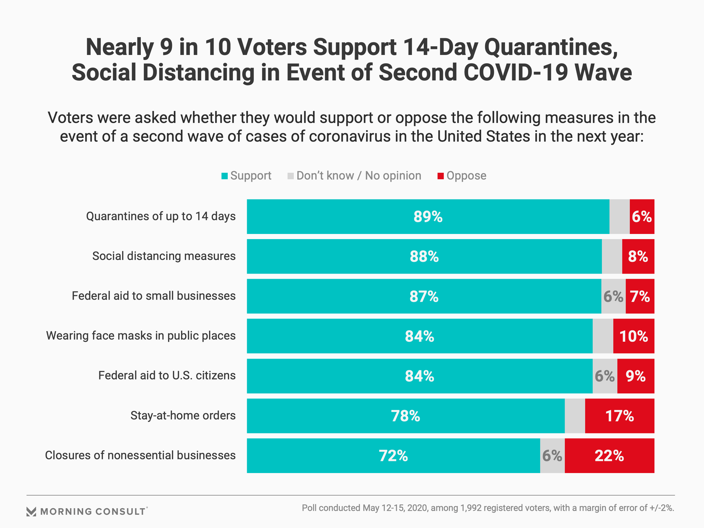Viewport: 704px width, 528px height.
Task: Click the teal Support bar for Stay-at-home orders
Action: (x=406, y=416)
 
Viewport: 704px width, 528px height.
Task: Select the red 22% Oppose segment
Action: (x=609, y=456)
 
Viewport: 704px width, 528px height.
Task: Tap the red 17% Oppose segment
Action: (x=620, y=416)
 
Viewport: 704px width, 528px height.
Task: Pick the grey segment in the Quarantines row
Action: (x=619, y=217)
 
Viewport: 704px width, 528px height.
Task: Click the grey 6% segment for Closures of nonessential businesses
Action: (x=552, y=456)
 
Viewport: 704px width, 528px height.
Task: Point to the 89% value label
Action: (x=428, y=217)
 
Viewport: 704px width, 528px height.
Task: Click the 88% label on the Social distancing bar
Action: (x=424, y=257)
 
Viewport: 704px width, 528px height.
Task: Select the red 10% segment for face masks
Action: (x=634, y=336)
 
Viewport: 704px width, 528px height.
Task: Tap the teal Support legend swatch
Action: (x=225, y=176)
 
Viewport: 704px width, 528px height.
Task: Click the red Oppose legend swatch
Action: (x=440, y=176)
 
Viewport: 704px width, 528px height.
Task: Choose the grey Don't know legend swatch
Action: (x=291, y=176)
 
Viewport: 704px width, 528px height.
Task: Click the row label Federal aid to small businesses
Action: (x=154, y=296)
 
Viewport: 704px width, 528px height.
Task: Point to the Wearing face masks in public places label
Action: (x=141, y=336)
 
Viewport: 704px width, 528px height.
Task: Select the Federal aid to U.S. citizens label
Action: (x=167, y=375)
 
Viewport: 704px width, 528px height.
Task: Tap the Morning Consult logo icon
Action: (x=32, y=511)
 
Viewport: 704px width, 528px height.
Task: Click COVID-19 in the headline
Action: (x=516, y=73)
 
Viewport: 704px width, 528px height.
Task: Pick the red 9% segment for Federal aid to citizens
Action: (x=636, y=376)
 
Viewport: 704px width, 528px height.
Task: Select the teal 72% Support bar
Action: (x=393, y=456)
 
